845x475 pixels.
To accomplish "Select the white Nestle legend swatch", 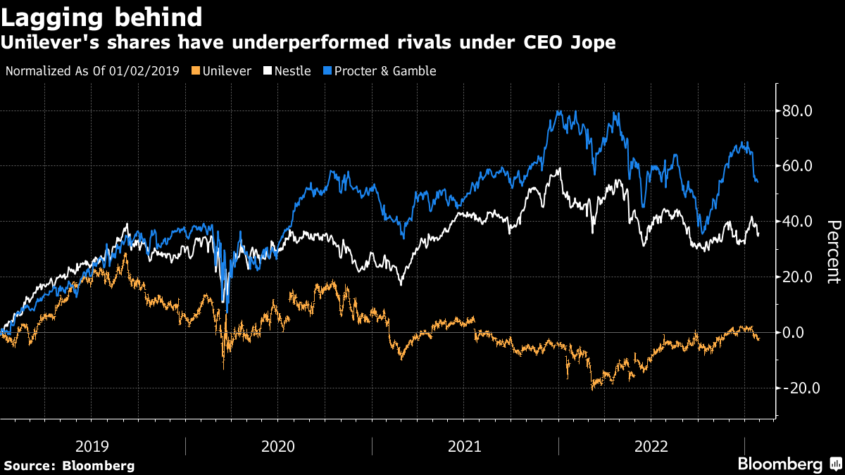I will (x=268, y=71).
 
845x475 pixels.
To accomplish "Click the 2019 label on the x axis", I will (x=92, y=446).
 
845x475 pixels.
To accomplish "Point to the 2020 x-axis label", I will (x=278, y=446).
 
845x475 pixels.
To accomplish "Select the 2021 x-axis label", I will (x=465, y=446).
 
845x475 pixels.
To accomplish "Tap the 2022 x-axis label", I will (x=651, y=446).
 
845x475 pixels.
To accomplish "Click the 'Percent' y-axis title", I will (x=834, y=252).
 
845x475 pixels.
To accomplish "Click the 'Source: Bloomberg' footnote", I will (x=69, y=465).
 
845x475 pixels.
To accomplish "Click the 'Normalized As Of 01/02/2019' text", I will (x=92, y=71).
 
